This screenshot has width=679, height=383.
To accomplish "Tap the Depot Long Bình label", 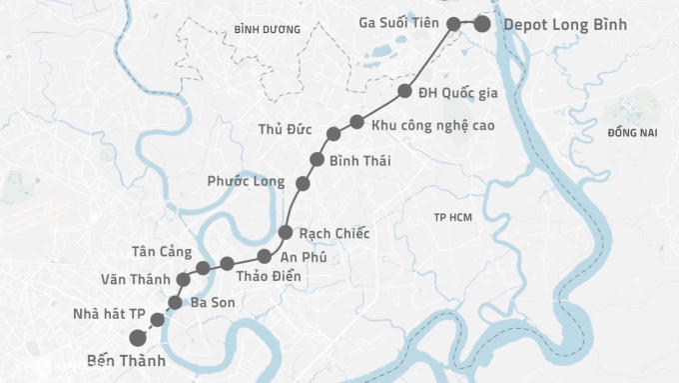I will pos(565,24).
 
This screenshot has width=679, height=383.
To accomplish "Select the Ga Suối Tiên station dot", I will pos(454,23).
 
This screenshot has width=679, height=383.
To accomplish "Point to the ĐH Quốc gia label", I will pos(457,93).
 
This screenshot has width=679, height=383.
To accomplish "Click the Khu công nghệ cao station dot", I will pos(356,122).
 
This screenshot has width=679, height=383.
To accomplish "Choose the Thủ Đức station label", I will pos(285,130).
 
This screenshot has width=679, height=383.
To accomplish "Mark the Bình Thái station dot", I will pos(318,160).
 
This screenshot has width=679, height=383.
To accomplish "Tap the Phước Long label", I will pos(246,182).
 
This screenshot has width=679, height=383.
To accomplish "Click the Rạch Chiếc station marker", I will pos(285,233).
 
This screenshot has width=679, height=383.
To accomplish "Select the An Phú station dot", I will pos(264,256).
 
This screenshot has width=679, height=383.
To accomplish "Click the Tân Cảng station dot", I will pos(204,268).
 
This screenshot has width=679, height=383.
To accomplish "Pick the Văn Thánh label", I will pos(135,278).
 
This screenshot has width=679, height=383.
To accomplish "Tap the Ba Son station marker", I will pos(175,302).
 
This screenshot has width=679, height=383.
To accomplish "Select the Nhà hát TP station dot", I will pos(157,319).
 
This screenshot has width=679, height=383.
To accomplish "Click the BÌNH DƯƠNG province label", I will pos(267,30).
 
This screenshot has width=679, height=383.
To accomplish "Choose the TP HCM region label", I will pos(452,217).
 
